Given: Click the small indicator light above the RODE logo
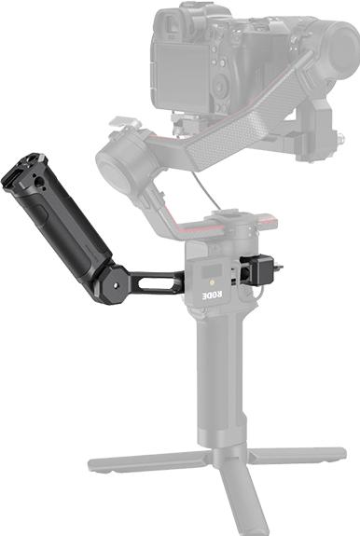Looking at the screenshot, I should [x=213, y=277].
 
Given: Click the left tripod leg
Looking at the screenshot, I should [x=140, y=460].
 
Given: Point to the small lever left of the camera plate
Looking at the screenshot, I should [x=120, y=122].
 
